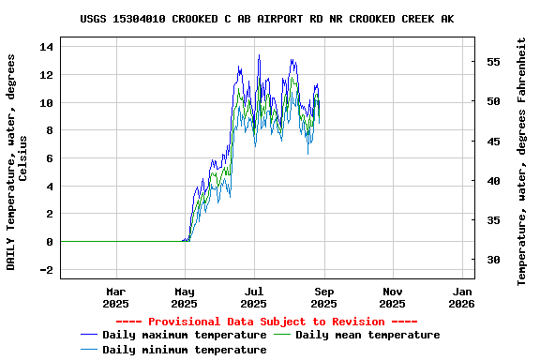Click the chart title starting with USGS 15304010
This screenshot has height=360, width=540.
(x=267, y=19)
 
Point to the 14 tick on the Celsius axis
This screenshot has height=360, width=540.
(x=48, y=46)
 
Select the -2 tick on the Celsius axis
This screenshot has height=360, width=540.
(x=48, y=270)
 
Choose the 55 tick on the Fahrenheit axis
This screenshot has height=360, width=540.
(x=492, y=62)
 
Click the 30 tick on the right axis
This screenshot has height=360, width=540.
(x=492, y=260)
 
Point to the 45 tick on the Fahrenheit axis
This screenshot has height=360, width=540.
(x=492, y=142)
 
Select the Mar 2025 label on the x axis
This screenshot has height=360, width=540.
(x=115, y=297)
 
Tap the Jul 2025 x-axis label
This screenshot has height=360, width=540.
(x=253, y=297)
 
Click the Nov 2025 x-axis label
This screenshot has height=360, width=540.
(x=392, y=297)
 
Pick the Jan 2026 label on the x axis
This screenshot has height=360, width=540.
(x=461, y=297)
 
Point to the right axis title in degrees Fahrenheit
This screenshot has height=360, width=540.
(x=522, y=161)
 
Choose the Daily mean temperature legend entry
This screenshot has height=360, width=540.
(x=367, y=335)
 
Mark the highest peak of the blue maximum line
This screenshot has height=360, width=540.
(x=259, y=55)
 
